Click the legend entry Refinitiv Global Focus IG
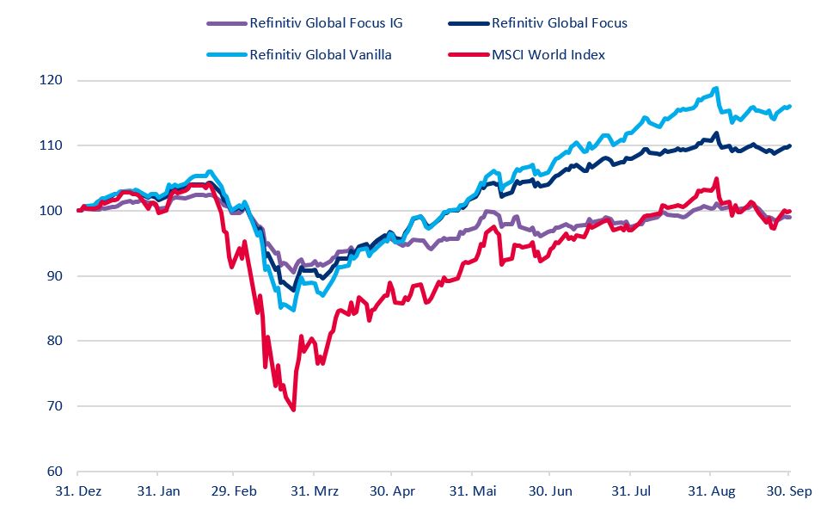[325, 23]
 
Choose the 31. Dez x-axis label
[77, 491]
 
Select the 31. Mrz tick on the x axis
[315, 491]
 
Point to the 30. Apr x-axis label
[391, 491]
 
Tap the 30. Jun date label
[549, 491]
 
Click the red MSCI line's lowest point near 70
[294, 410]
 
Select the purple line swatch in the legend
[226, 23]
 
